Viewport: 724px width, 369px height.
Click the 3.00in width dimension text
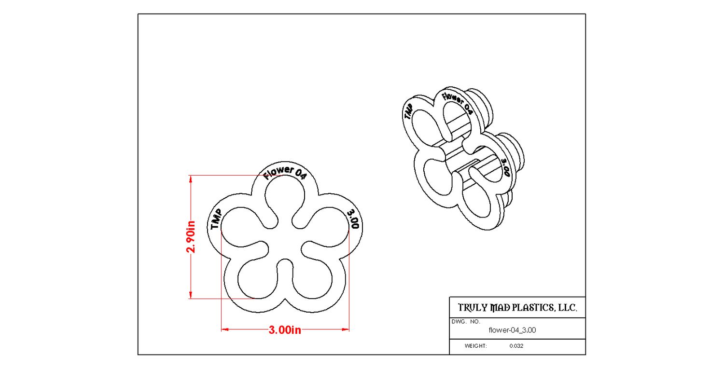[285, 330]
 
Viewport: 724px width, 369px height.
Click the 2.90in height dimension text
[192, 237]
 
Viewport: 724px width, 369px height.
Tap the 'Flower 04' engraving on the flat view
[285, 173]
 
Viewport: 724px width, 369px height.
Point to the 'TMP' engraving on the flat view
[216, 219]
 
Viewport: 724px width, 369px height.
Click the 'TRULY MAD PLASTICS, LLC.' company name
[517, 308]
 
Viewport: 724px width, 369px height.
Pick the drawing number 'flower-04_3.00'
[512, 330]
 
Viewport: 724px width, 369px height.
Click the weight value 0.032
[516, 346]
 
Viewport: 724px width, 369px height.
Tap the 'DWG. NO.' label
[466, 321]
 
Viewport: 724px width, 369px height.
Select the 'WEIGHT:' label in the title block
[476, 346]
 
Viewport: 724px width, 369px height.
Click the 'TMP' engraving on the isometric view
[408, 112]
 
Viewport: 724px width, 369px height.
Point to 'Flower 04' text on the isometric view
[457, 103]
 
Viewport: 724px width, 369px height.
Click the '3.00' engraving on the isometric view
[506, 167]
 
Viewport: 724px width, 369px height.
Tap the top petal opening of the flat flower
[285, 198]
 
